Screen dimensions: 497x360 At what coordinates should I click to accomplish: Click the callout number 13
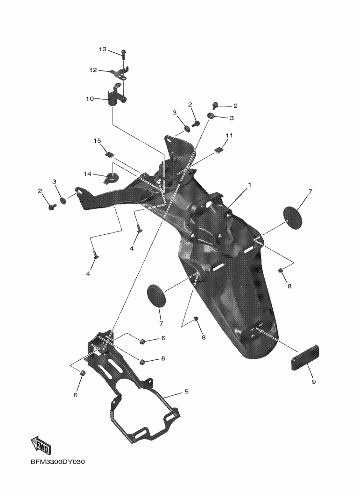(x=103, y=49)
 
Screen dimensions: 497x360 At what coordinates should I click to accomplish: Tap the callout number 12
(x=93, y=70)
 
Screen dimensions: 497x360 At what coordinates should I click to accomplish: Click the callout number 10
(x=89, y=98)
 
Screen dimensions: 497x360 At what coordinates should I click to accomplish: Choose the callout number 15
(x=97, y=140)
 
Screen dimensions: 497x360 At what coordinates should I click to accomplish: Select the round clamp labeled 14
(x=112, y=176)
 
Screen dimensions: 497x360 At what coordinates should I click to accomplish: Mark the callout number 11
(x=229, y=135)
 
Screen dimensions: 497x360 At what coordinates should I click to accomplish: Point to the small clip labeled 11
(x=217, y=150)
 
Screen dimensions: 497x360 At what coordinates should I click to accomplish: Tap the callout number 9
(x=313, y=382)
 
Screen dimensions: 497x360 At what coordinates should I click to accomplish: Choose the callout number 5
(x=186, y=392)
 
